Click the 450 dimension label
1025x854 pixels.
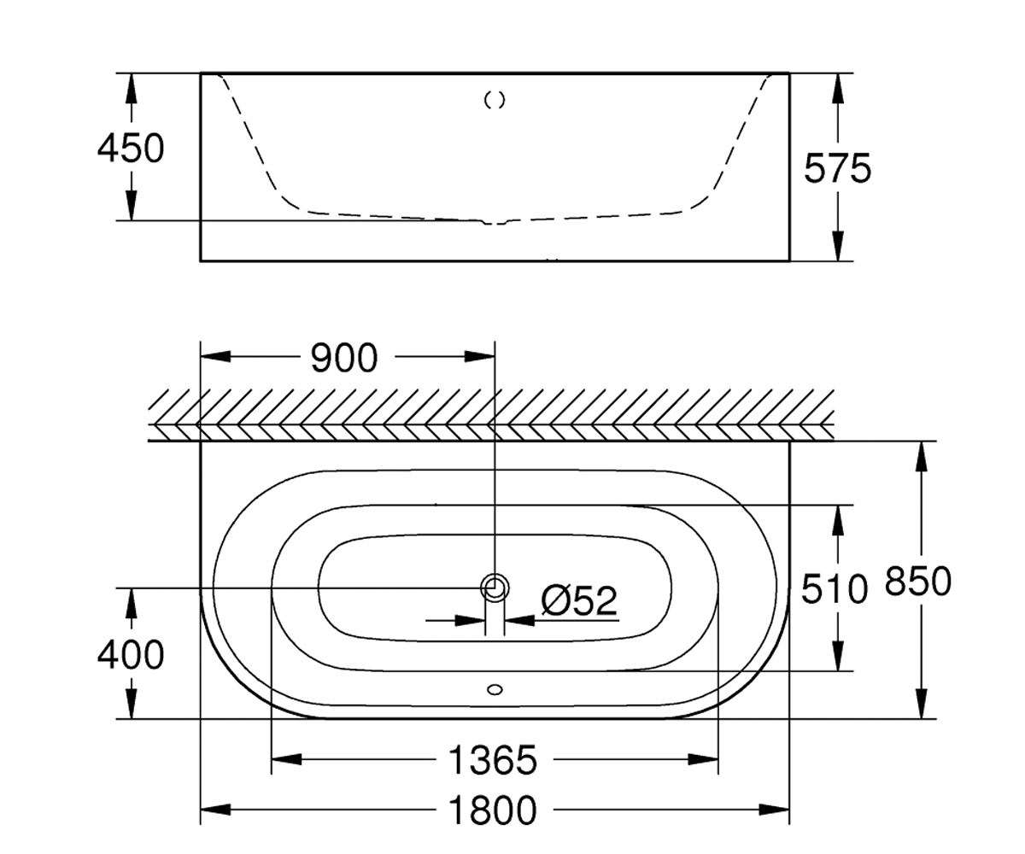coord(131,149)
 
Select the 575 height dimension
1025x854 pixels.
coord(837,168)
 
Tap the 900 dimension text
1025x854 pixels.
coord(344,358)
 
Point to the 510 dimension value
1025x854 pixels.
coord(835,588)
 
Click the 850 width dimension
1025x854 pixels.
coord(918,581)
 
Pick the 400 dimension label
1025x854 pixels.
coord(131,655)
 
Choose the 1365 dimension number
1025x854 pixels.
coord(493,760)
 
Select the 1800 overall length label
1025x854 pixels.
coord(493,810)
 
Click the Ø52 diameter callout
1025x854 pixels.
coord(579,600)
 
